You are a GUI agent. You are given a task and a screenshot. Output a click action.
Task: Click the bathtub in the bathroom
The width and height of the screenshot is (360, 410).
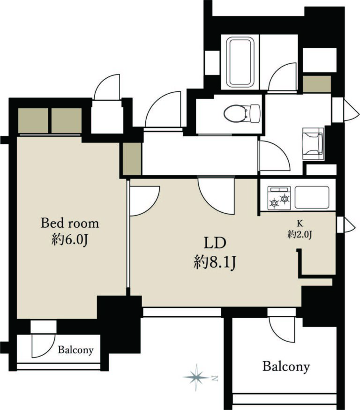click(x=240, y=62)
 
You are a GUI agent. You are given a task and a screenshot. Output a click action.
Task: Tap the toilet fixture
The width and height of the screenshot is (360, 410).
click(x=242, y=113)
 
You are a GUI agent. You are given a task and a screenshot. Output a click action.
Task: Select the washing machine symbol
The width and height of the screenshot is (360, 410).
click(x=313, y=143)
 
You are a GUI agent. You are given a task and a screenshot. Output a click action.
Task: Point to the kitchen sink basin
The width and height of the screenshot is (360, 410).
click(x=312, y=197)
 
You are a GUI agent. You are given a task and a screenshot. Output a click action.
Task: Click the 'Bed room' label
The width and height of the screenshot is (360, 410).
click(x=70, y=224)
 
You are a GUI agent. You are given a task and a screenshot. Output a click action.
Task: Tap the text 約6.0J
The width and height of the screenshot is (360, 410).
click(x=69, y=240)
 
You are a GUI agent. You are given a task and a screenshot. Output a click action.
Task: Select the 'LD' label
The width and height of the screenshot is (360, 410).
click(x=215, y=243)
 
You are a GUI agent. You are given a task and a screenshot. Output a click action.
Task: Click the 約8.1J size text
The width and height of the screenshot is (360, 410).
click(x=215, y=262)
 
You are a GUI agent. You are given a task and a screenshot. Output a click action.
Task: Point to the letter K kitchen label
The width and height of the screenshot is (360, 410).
click(x=300, y=224)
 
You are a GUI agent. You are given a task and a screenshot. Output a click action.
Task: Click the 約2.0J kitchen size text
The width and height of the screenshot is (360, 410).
click(x=300, y=234)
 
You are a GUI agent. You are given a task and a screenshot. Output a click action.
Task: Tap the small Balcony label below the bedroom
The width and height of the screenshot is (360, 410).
click(x=75, y=350)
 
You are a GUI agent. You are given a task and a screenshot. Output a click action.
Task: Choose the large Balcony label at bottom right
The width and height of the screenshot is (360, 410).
click(x=286, y=366)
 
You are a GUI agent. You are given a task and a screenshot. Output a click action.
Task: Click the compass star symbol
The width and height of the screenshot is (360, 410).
click(x=196, y=377)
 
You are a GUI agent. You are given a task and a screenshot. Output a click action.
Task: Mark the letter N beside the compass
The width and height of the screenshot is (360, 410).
click(x=215, y=378)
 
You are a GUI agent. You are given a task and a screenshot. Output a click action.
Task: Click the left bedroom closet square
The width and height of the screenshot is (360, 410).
click(x=33, y=120)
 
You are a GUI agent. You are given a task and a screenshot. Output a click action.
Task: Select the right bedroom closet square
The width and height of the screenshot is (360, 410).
click(x=67, y=120)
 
